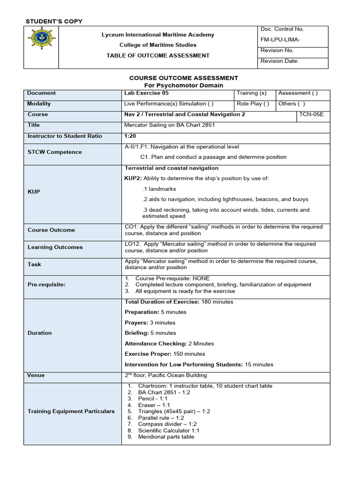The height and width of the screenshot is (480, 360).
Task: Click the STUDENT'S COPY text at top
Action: point(53,21)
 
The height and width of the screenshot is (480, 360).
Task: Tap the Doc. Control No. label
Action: point(282,29)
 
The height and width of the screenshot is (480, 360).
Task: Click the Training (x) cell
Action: point(252,93)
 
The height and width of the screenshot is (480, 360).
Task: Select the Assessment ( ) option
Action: point(298,93)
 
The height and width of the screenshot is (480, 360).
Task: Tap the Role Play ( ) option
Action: point(253,104)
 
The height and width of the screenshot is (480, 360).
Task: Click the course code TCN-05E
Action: point(314,114)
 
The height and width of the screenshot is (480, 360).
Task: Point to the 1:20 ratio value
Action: point(130,136)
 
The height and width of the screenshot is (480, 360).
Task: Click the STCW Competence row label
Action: point(54,152)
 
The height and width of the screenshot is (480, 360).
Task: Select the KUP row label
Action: point(34,192)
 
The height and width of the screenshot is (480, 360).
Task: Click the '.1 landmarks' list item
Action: point(159,189)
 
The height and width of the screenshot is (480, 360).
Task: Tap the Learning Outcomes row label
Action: point(55,247)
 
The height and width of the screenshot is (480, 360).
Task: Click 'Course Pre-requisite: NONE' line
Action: point(172,278)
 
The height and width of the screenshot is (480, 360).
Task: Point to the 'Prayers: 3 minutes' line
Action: point(150,322)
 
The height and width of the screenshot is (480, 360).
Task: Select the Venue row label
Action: point(36,375)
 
